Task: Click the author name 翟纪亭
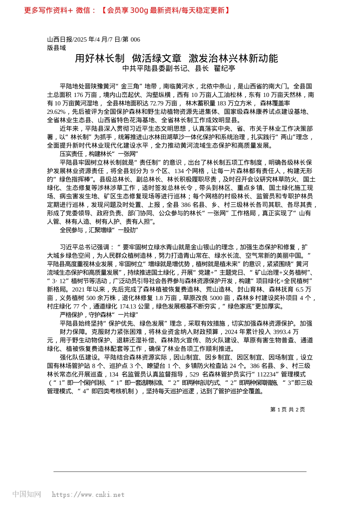point(225,69)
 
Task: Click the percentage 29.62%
point(56,112)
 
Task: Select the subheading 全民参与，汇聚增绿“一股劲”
point(99,230)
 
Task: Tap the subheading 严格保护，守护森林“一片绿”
point(99,315)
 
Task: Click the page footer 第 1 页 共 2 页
point(287,410)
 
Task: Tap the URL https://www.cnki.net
point(88,495)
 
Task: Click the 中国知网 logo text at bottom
point(27,494)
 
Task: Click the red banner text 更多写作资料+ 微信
point(61,11)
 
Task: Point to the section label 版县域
point(56,48)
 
